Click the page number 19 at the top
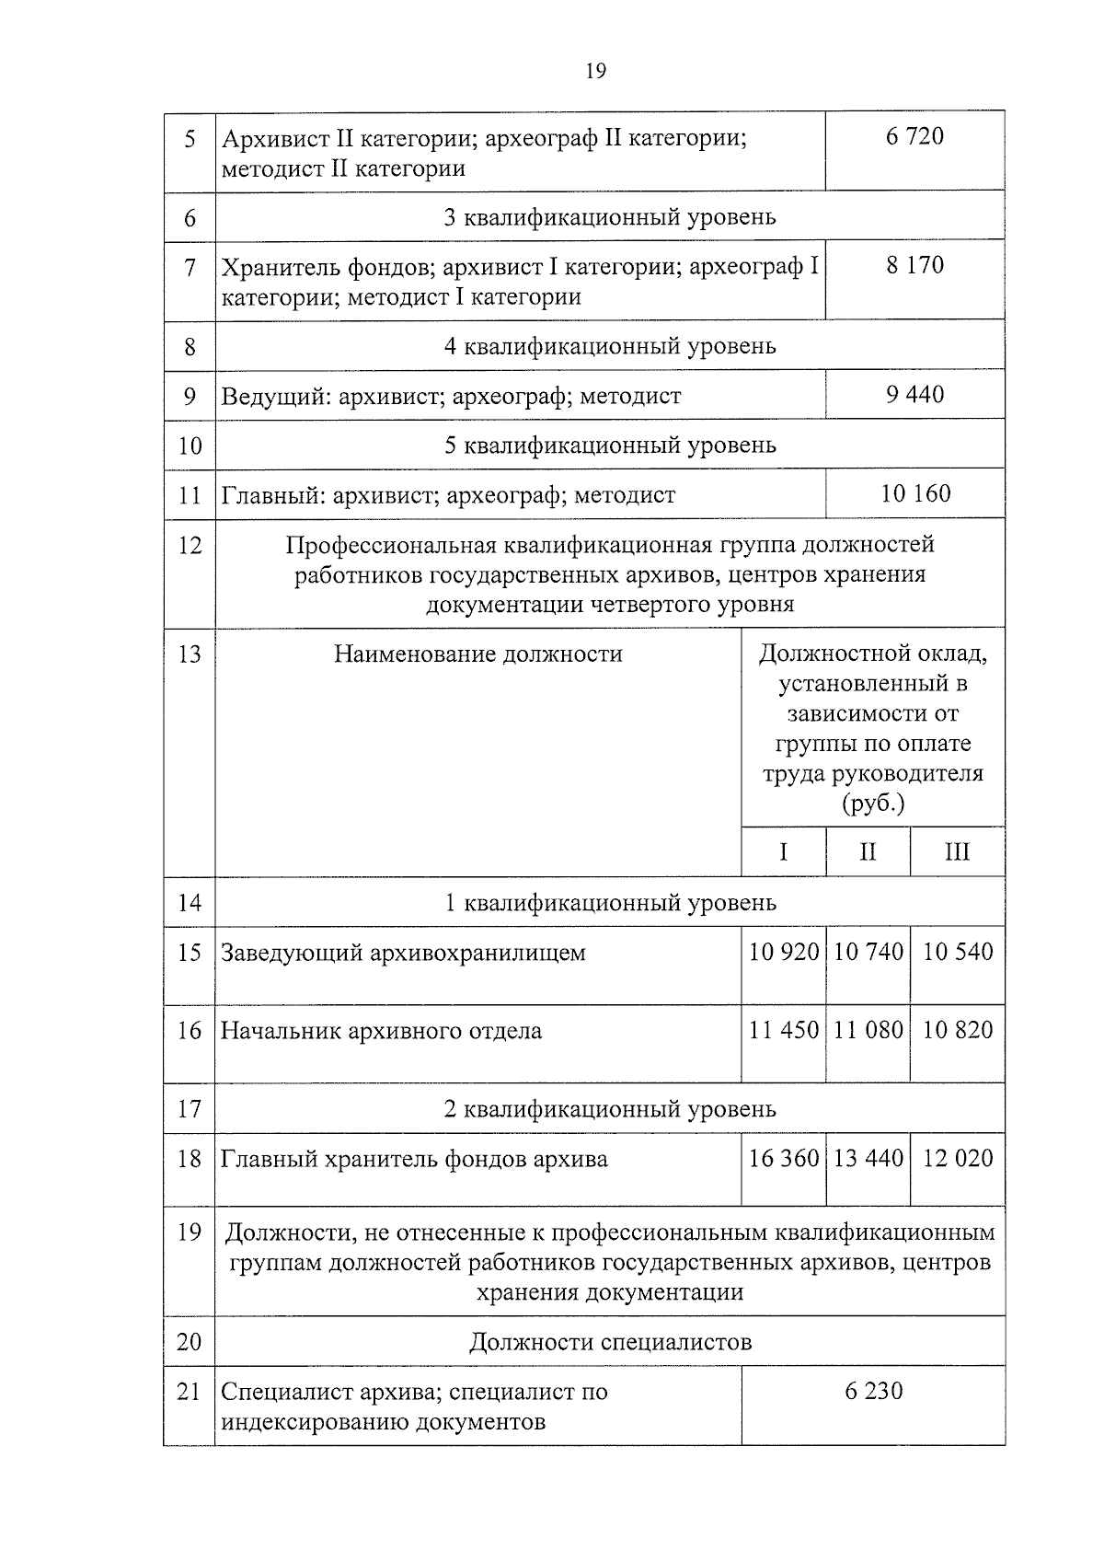[x=595, y=72]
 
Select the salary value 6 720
[x=914, y=136]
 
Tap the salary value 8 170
[x=914, y=265]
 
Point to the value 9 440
[x=914, y=395]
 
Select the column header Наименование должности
[x=477, y=654]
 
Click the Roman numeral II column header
[x=868, y=852]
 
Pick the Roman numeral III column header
[x=957, y=852]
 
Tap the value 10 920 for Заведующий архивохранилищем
[x=783, y=952]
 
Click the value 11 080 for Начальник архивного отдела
[x=868, y=1030]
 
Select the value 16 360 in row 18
[x=783, y=1158]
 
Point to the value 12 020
[x=957, y=1158]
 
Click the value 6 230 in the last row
[x=873, y=1391]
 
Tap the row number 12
[x=190, y=545]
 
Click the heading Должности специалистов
[x=610, y=1342]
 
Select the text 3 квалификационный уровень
[x=610, y=217]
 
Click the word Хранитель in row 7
[x=281, y=268]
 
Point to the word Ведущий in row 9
[x=273, y=397]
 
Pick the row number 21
[x=190, y=1392]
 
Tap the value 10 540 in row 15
[x=957, y=952]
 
